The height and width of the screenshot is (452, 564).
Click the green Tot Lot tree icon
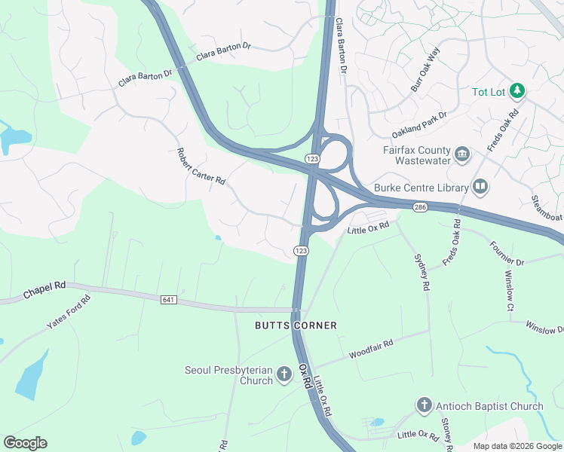tap(517, 92)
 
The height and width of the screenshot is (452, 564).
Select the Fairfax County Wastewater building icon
tap(463, 155)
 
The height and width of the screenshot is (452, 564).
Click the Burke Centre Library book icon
tap(480, 186)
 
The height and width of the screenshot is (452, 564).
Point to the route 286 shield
tap(421, 206)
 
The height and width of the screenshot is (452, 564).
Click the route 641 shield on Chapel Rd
tap(168, 300)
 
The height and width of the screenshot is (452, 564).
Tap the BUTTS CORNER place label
tap(295, 325)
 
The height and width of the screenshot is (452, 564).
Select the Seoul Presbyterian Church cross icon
tap(284, 374)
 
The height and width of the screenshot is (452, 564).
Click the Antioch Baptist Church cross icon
tap(424, 406)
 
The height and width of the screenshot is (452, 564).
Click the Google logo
tap(25, 443)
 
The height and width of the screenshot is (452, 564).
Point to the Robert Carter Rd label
tap(201, 166)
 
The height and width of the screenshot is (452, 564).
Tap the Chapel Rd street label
tap(44, 290)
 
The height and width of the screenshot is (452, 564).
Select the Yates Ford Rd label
tap(69, 312)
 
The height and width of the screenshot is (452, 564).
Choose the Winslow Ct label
tap(508, 292)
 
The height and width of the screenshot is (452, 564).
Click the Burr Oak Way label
tap(425, 72)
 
